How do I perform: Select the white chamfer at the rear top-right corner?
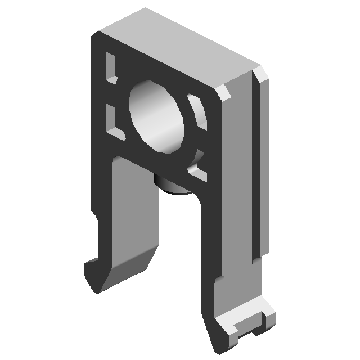tap(262, 75)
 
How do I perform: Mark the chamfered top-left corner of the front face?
tap(96, 36)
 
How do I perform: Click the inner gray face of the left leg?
tap(135, 214)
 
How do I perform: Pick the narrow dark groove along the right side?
tap(256, 169)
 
